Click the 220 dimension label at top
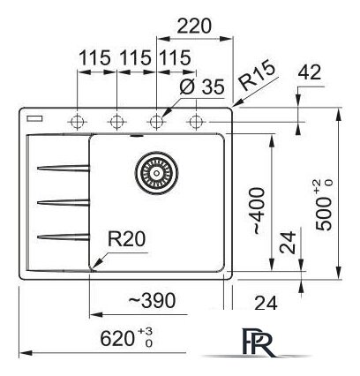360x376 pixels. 194,26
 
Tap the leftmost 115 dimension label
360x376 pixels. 95,57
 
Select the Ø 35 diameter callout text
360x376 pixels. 202,86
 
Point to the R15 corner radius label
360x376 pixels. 257,76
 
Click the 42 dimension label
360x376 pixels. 309,72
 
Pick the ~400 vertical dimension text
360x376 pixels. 258,211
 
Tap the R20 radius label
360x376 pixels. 126,238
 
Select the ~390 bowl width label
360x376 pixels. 152,300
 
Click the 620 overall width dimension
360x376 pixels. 126,338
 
